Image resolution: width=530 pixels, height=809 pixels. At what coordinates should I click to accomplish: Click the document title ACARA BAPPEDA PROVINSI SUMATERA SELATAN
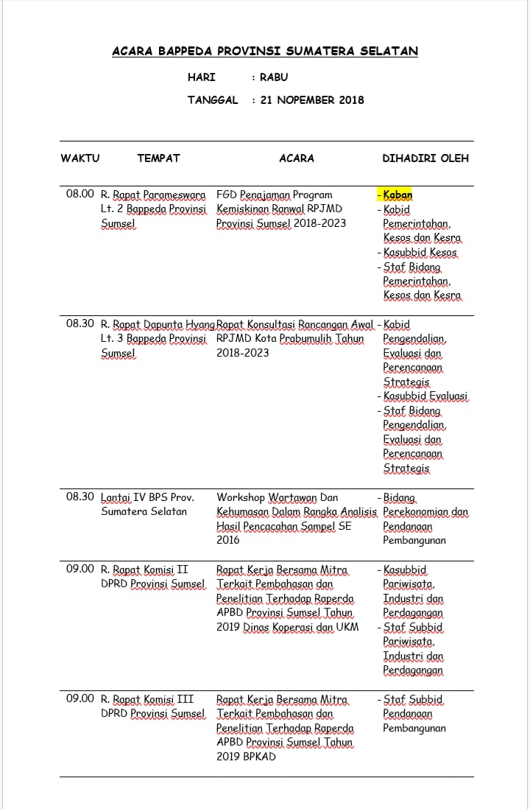pyautogui.click(x=265, y=52)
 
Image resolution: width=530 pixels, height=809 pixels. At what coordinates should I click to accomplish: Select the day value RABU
pyautogui.click(x=274, y=77)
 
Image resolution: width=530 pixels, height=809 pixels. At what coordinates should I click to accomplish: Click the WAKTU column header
pyautogui.click(x=79, y=158)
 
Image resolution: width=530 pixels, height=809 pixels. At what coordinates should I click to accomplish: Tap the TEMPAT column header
pyautogui.click(x=158, y=158)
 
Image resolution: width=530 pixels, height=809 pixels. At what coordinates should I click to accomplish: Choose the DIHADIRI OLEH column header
pyautogui.click(x=425, y=158)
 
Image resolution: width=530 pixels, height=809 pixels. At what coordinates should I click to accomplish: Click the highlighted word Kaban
pyautogui.click(x=397, y=195)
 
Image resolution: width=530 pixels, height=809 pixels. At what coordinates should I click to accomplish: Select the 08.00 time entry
pyautogui.click(x=79, y=195)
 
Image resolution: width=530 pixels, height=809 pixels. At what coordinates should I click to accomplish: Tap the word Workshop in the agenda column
pyautogui.click(x=241, y=497)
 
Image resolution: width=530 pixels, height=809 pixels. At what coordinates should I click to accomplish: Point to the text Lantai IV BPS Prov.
pyautogui.click(x=147, y=497)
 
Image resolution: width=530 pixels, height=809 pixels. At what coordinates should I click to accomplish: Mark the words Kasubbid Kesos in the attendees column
pyautogui.click(x=420, y=253)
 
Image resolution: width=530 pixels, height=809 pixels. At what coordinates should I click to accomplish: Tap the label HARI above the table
pyautogui.click(x=201, y=77)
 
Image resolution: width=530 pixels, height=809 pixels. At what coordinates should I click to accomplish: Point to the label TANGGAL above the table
pyautogui.click(x=213, y=100)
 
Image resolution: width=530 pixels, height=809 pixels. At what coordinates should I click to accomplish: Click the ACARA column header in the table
pyautogui.click(x=297, y=158)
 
